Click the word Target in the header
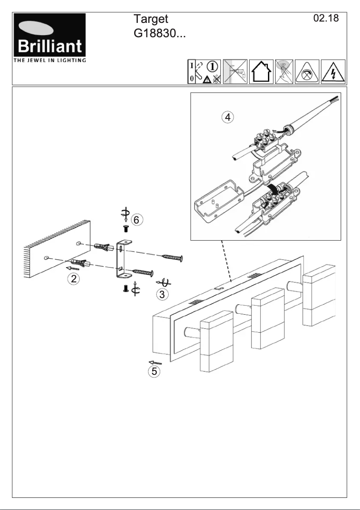coord(150,19)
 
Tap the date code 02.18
coord(325,18)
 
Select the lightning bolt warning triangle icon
coord(333,72)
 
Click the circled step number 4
coord(228,117)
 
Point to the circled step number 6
coord(138,220)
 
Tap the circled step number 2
coord(74,278)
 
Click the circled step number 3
coord(161,294)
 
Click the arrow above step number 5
coord(155,361)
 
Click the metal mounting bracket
coord(122,259)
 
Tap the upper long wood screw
coord(172,257)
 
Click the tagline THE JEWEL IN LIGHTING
coord(49,60)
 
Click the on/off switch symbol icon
coord(193,72)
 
